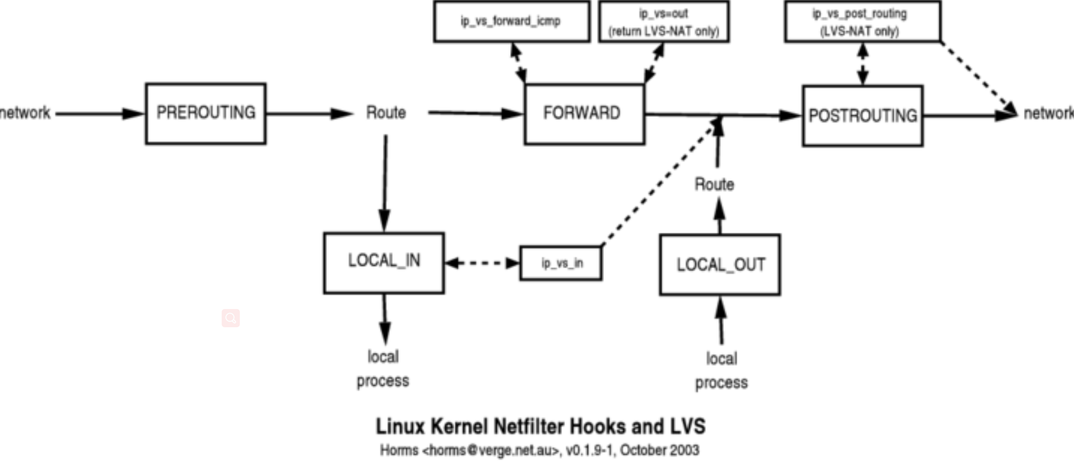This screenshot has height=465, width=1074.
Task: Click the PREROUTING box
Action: [206, 113]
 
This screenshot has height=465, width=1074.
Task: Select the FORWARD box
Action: [584, 114]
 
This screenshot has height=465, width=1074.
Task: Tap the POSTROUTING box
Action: [862, 116]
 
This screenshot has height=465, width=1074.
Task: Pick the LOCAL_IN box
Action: [384, 263]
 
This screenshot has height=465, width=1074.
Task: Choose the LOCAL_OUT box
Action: [720, 264]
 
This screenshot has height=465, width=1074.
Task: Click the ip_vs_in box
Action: [561, 263]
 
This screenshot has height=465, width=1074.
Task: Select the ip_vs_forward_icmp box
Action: [511, 21]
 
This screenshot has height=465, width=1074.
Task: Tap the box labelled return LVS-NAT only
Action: [664, 22]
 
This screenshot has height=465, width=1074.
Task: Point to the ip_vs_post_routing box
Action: [862, 22]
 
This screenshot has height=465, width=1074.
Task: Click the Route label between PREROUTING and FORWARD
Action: [386, 113]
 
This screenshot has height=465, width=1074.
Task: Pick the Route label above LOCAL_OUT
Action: [714, 184]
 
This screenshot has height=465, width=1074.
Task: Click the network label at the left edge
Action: [26, 113]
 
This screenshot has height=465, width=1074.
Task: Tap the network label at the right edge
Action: [1048, 113]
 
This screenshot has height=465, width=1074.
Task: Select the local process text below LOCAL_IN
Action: [383, 369]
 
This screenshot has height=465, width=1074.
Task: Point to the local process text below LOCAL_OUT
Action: [721, 371]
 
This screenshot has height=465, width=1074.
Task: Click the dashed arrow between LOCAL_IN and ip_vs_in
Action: [482, 263]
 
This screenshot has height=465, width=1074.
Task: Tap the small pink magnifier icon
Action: [231, 318]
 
